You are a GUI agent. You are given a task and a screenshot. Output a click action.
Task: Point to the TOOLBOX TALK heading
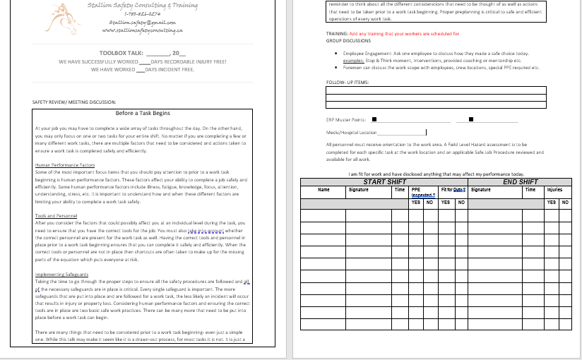(121, 53)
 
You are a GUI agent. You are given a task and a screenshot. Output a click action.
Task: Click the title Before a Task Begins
(143, 113)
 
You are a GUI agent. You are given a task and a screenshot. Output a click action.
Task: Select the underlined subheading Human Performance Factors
(64, 164)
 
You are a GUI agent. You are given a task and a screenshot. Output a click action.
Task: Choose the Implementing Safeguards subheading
(62, 274)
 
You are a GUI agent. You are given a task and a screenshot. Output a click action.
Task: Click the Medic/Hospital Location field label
(351, 133)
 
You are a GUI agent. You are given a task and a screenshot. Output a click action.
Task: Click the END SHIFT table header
(520, 182)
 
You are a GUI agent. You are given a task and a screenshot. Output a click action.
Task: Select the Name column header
(323, 190)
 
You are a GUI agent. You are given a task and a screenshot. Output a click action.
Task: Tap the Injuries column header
(554, 190)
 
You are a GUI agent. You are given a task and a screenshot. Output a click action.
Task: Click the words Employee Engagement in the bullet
(364, 54)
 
